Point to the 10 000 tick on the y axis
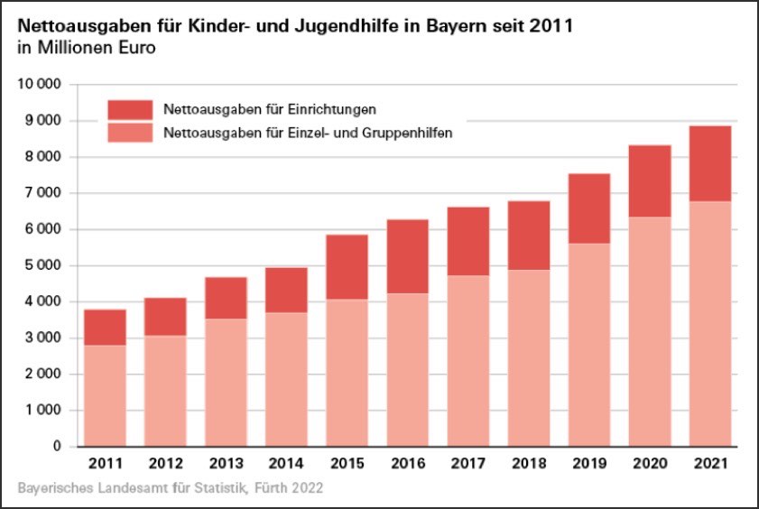pos(41,85)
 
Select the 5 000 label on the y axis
pos(44,265)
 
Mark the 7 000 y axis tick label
pos(44,193)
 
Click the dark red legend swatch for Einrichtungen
pos(130,110)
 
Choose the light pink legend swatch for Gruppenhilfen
pos(130,134)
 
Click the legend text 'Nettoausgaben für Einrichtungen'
pos(269,110)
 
